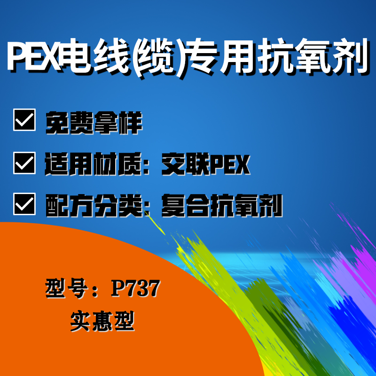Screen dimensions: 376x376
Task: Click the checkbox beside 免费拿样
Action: (x=24, y=120)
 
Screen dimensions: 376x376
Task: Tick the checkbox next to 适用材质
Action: (x=24, y=163)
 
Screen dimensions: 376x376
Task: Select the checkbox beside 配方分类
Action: (x=24, y=204)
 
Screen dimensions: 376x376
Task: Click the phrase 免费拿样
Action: (x=94, y=123)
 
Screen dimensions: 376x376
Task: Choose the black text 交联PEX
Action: (x=206, y=164)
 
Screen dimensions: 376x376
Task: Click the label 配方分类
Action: (x=94, y=205)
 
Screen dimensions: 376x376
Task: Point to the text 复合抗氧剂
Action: (x=222, y=205)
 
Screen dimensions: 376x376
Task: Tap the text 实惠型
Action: (x=102, y=321)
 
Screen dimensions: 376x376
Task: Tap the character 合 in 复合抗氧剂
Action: (x=198, y=205)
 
